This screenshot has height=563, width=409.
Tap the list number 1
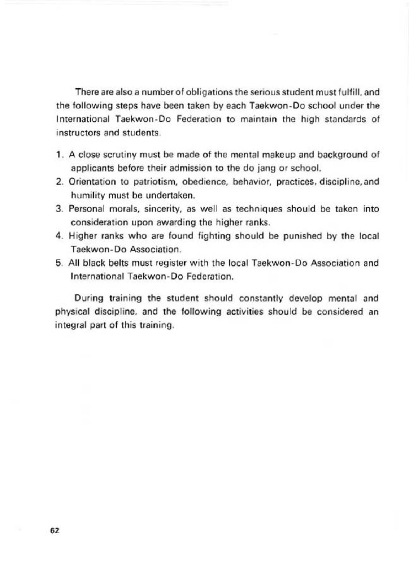[x=58, y=155]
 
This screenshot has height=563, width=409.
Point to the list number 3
[x=59, y=209]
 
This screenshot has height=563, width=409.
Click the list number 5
[x=59, y=263]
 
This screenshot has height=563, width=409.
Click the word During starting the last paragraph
[x=89, y=299]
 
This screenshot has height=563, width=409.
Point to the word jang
[x=270, y=169]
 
